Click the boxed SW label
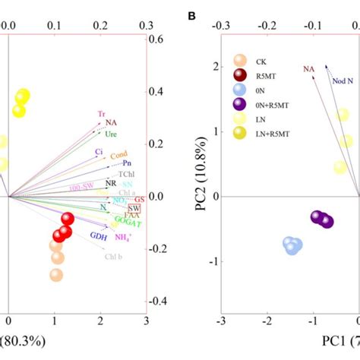134,208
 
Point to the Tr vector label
101,114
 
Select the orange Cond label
119,156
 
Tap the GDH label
98,236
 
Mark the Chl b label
112,257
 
